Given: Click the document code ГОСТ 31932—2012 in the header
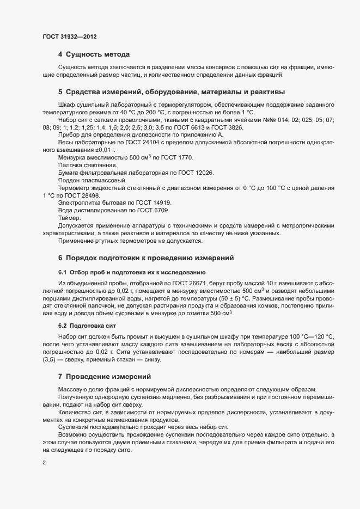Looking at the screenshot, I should tap(70, 37).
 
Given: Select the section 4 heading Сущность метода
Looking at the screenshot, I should tap(94, 54).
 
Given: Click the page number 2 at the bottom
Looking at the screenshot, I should tap(44, 464).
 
